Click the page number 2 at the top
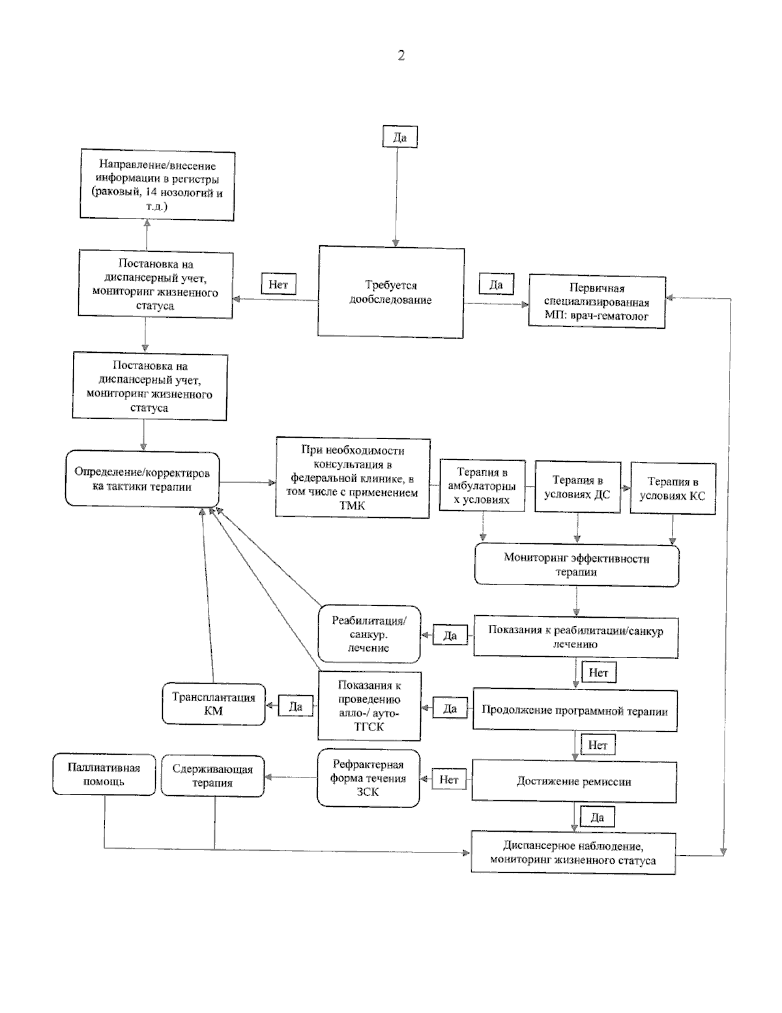[x=401, y=55]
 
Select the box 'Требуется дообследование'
[x=391, y=292]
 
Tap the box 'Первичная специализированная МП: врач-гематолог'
[x=597, y=301]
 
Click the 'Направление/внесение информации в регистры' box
[x=158, y=185]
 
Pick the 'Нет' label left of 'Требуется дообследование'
[x=279, y=284]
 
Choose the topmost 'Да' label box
[x=400, y=136]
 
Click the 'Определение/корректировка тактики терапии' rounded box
[x=142, y=479]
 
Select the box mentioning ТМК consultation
[x=353, y=477]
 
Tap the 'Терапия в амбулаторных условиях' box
[x=482, y=485]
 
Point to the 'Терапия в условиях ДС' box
[x=577, y=487]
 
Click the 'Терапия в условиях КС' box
[x=673, y=488]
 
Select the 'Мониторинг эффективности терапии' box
[x=577, y=565]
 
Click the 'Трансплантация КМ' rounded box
[x=214, y=704]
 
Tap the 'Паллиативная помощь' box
[x=104, y=774]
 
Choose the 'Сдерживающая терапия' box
[x=213, y=776]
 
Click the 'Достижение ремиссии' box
[x=574, y=782]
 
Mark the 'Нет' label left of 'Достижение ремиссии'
[x=449, y=779]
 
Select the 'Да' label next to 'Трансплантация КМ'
[x=296, y=706]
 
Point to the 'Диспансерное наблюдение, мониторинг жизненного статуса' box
[x=573, y=853]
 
